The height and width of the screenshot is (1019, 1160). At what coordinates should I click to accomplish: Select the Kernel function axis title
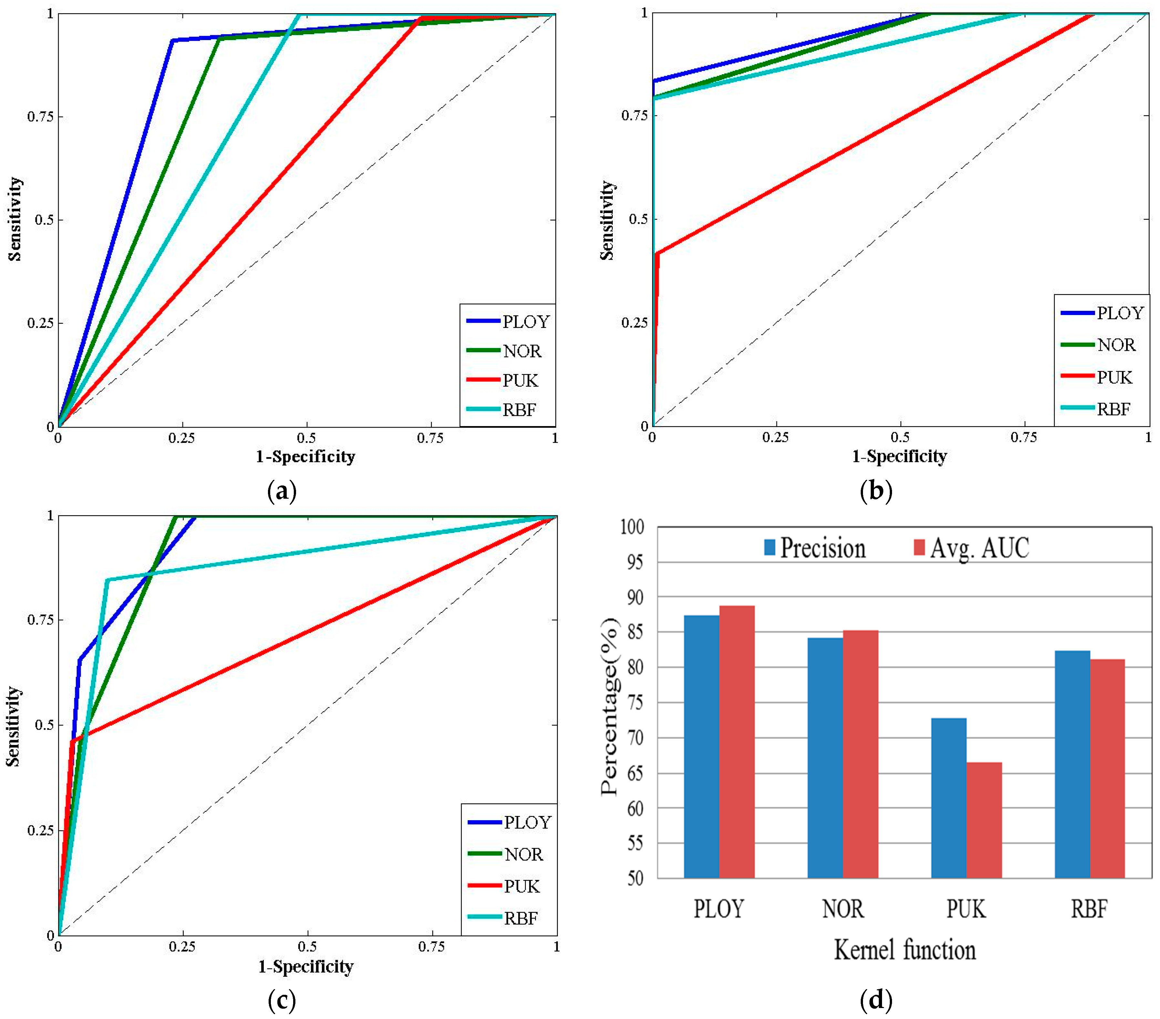coord(905,950)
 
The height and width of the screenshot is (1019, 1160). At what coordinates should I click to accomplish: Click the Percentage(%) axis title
coord(610,706)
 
